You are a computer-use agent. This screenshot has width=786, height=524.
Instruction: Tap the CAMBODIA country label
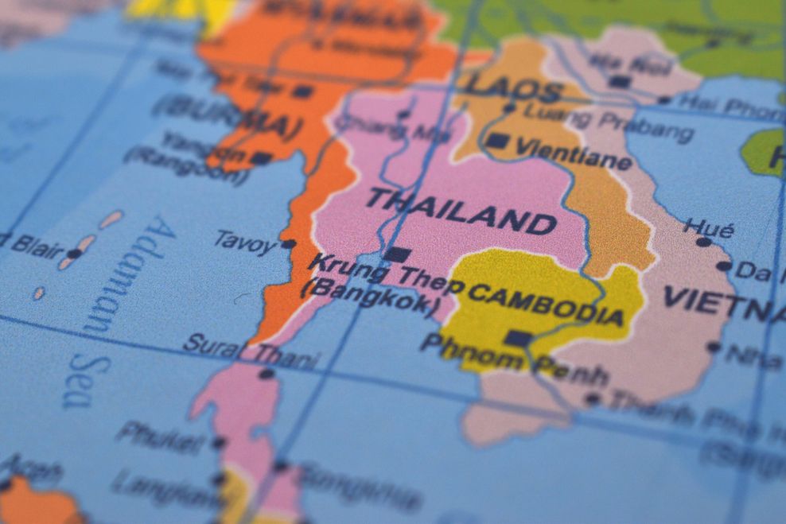click(546, 304)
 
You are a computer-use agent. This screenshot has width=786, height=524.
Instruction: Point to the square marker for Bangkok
click(397, 255)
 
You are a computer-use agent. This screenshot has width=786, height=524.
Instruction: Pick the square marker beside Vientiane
click(496, 141)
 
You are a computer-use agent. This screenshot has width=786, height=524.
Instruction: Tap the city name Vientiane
click(573, 154)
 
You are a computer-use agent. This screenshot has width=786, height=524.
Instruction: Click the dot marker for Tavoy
click(288, 244)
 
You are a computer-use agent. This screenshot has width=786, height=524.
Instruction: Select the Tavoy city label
click(245, 241)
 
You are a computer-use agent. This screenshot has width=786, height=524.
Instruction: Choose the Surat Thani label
click(251, 352)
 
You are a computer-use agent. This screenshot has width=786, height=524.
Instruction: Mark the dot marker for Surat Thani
click(266, 374)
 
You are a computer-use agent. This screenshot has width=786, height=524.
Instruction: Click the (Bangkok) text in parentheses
click(370, 297)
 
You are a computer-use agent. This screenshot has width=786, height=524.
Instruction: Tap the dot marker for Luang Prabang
click(509, 107)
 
